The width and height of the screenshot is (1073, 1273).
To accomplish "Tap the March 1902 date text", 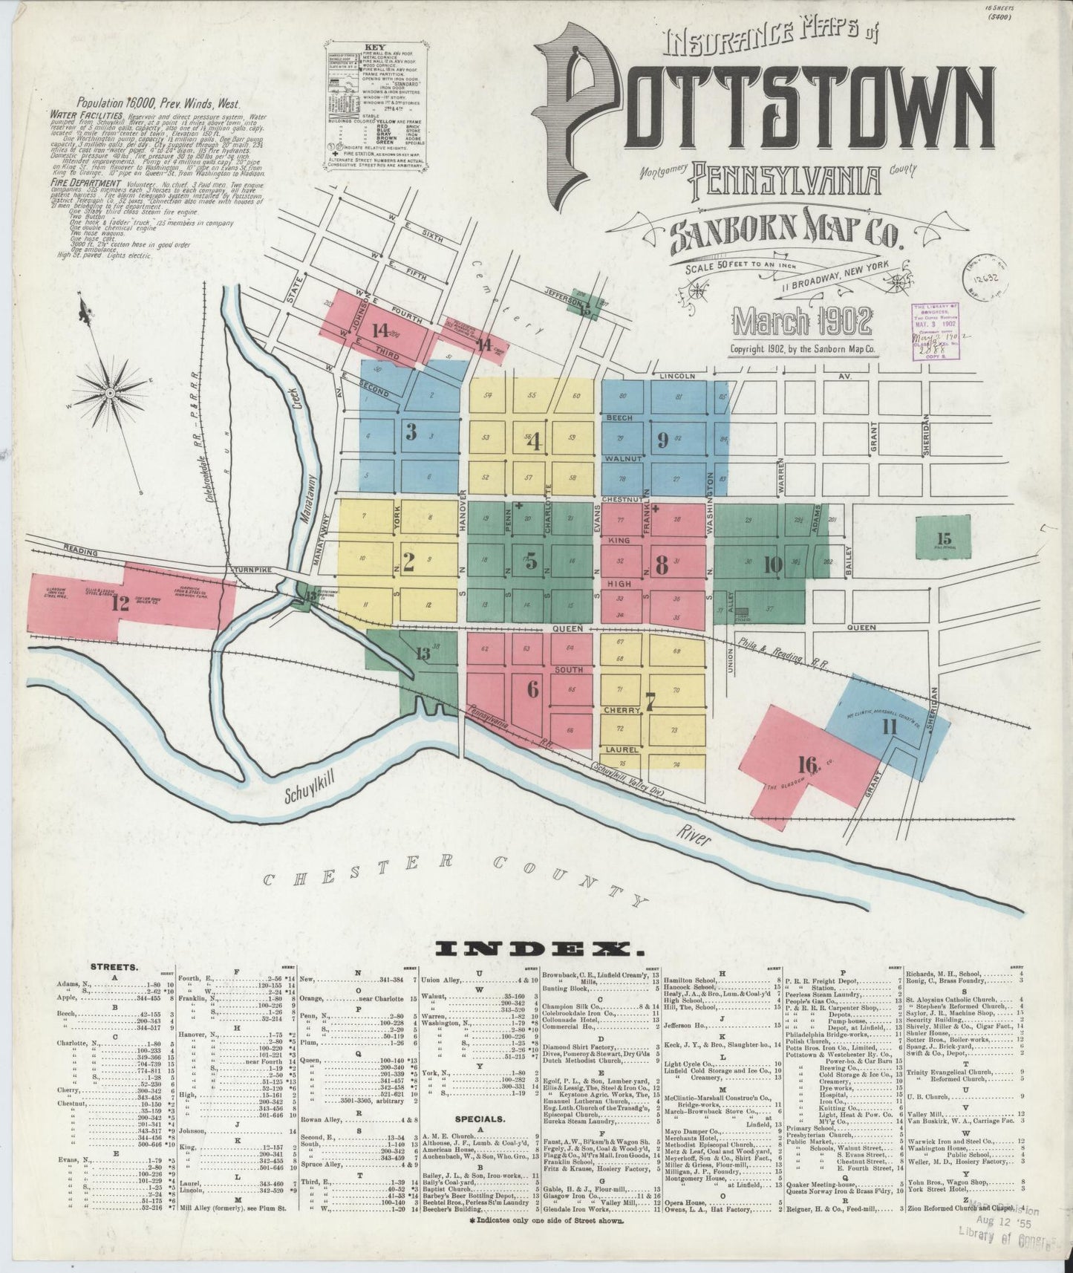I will pos(803,320).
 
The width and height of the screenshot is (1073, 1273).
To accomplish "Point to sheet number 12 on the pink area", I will pos(120,603).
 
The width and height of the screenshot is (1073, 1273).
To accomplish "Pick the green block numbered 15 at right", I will pos(944,538).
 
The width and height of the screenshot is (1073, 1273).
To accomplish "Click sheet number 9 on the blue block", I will pos(662,440).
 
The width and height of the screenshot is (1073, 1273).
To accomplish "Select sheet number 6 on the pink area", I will pos(532,689).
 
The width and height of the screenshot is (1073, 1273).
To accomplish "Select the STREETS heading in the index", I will pos(113,968).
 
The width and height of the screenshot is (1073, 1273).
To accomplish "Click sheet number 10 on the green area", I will pos(773,565).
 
